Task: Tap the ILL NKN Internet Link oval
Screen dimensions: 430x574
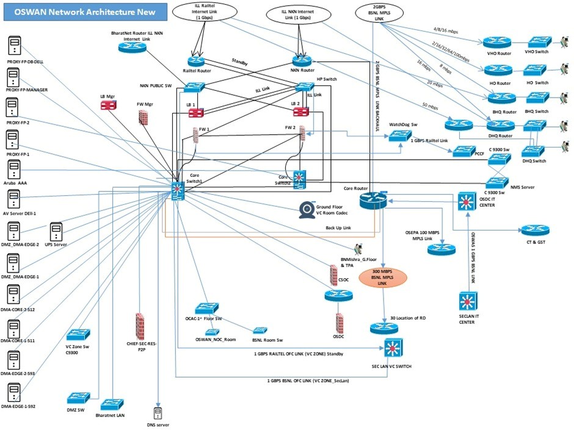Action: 298,14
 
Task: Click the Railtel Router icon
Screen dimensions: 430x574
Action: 197,62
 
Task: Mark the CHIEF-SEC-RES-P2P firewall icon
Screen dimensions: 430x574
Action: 140,327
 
